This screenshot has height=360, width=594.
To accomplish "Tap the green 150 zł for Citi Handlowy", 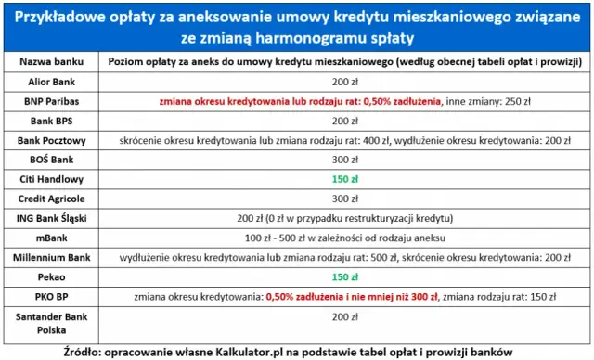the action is [x=344, y=179].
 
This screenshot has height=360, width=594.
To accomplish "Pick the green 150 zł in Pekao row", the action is [x=344, y=276].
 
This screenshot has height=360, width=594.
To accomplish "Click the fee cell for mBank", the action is [x=344, y=238].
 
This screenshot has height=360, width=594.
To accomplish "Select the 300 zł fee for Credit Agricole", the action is [x=344, y=199].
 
